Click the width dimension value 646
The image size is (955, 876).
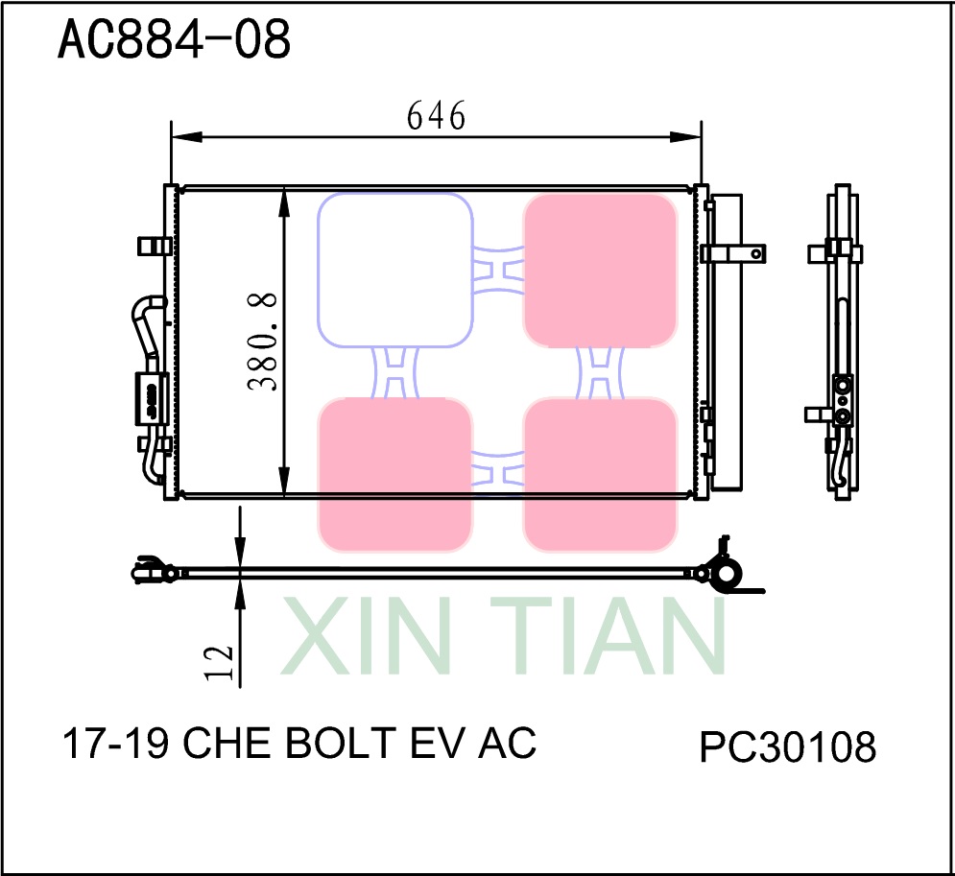(x=436, y=116)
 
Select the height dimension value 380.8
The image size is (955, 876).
(x=263, y=342)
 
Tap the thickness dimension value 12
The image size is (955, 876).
(x=220, y=662)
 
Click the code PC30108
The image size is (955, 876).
(x=787, y=747)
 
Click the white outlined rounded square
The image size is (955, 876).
(x=394, y=270)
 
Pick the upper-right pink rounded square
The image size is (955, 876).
(x=600, y=270)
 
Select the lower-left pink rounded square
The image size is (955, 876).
(x=394, y=475)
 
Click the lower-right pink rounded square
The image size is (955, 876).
(x=600, y=475)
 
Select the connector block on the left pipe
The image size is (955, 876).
(x=150, y=397)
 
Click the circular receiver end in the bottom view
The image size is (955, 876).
(x=728, y=576)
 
